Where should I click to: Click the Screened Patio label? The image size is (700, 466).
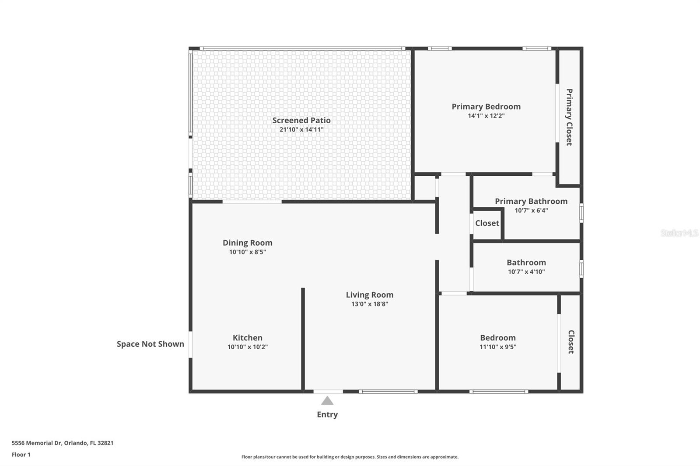point(301,120)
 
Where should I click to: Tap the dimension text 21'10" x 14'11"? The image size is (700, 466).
point(301,129)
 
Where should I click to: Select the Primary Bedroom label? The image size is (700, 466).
point(486,107)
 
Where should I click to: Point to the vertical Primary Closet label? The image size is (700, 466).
point(569,117)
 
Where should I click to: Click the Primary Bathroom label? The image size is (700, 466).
point(531,201)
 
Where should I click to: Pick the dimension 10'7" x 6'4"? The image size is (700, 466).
point(531,210)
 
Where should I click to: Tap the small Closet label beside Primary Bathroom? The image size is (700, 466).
point(487,223)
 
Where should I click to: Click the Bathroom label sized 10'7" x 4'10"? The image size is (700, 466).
point(526,262)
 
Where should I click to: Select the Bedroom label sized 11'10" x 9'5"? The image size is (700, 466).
point(498,337)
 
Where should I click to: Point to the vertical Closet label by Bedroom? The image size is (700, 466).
point(571,342)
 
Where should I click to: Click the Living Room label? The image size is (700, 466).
point(370,295)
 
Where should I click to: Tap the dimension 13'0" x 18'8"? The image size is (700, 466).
point(370,304)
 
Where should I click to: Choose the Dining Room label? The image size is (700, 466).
point(248,243)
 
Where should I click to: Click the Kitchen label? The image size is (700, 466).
point(248,337)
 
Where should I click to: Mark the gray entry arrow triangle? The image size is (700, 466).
point(327,401)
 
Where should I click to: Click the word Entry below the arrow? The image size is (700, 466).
point(327,414)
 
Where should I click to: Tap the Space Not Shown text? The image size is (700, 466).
point(150,344)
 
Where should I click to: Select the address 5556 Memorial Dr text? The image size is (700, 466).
point(63,443)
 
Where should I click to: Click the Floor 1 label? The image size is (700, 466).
point(21,455)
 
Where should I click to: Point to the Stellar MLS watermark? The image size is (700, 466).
point(679,233)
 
